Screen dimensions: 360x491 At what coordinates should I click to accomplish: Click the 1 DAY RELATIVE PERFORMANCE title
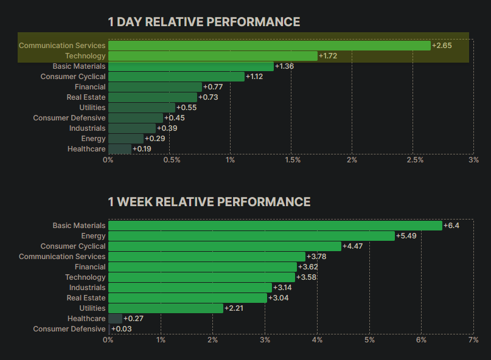point(204,22)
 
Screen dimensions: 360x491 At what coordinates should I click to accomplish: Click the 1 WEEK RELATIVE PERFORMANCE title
point(209,202)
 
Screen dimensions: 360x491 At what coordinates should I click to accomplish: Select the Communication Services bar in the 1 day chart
point(269,46)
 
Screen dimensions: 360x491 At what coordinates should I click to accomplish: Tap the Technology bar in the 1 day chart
point(212,56)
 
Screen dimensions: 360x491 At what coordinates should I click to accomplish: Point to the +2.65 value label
point(441,46)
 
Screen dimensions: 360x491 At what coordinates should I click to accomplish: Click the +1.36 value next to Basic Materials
point(284,66)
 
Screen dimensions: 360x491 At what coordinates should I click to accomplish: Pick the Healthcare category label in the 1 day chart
point(86,149)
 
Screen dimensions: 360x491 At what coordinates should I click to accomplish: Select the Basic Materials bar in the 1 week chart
point(275,226)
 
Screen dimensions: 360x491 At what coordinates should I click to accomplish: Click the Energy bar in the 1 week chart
point(251,236)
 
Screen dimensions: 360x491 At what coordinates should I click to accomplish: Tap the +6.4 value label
point(451,226)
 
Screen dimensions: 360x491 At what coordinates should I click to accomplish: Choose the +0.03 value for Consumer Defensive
point(121,329)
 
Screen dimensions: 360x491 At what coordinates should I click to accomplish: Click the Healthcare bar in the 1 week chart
point(115,319)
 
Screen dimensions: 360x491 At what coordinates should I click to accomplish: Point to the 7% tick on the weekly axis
point(473,339)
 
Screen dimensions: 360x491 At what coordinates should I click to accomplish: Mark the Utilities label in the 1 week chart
point(92,308)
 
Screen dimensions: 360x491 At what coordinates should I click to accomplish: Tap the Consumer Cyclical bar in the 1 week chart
point(225,246)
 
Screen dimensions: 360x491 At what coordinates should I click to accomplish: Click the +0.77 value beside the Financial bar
point(212,87)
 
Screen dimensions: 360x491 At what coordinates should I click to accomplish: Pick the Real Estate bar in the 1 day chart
point(152,97)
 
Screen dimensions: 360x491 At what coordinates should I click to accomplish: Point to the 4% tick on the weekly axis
point(316,339)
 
